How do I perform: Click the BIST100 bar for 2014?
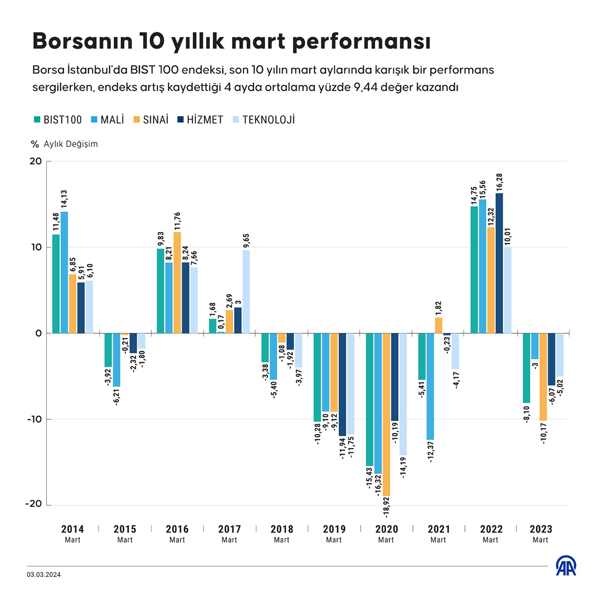tap(56, 284)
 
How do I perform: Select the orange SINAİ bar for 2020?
tap(386, 414)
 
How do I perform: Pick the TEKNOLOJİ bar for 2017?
tap(246, 292)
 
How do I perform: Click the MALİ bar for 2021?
tap(431, 386)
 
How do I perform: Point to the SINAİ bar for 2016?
tap(177, 283)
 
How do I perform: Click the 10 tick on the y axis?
tap(36, 247)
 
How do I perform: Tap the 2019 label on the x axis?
tap(334, 529)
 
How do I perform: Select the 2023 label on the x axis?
tap(541, 529)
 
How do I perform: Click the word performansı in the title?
tap(362, 41)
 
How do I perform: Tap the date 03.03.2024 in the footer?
tap(44, 575)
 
